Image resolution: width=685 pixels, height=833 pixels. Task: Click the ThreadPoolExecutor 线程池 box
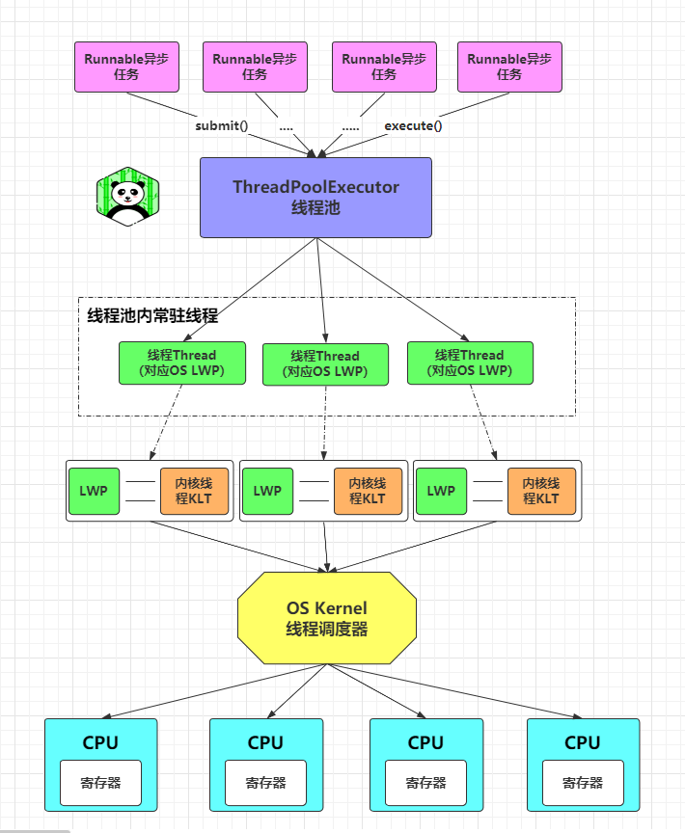(x=315, y=197)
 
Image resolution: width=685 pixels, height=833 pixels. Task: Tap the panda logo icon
(x=127, y=197)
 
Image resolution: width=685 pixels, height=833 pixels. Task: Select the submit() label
(x=221, y=125)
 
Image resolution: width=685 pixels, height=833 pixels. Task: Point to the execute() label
(x=413, y=125)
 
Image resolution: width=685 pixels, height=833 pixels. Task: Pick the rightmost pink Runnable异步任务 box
(x=509, y=67)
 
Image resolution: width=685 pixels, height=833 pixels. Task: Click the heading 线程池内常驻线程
(x=152, y=315)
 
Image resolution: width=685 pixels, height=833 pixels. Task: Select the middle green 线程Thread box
(x=325, y=364)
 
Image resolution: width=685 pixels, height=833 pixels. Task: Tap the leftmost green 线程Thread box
(x=181, y=363)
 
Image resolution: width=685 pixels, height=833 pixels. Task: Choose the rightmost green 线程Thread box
(x=469, y=363)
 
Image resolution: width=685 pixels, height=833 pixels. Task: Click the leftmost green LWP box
(x=94, y=491)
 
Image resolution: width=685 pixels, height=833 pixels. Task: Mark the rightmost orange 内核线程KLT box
(x=541, y=491)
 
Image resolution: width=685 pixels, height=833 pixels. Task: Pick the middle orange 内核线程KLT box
(x=367, y=491)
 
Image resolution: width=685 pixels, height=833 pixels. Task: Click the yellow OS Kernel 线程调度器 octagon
(x=327, y=618)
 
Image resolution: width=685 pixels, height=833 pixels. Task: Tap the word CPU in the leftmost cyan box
(x=100, y=742)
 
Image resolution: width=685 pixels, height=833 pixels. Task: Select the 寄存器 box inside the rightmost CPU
(x=583, y=783)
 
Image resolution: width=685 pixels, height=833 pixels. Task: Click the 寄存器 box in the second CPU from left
(x=265, y=783)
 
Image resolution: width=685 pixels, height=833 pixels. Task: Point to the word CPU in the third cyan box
(x=425, y=742)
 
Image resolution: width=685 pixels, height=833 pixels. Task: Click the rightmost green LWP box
(x=441, y=491)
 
